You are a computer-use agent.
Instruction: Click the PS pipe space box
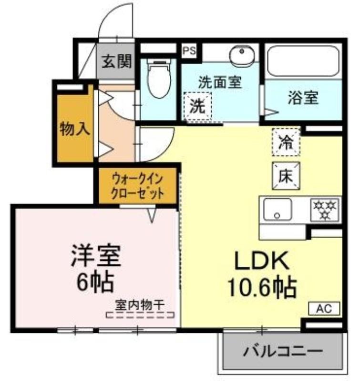(x=189, y=51)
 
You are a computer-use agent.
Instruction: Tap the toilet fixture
(x=159, y=78)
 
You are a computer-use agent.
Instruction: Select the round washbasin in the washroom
(x=242, y=56)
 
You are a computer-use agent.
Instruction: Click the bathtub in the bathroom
(x=303, y=61)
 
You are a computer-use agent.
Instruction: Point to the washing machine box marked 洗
(x=197, y=106)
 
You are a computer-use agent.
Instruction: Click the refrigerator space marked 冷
(x=286, y=142)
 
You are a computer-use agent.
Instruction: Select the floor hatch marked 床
(x=286, y=176)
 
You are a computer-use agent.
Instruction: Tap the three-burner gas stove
(x=325, y=210)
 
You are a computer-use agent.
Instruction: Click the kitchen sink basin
(x=278, y=209)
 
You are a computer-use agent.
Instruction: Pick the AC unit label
(x=324, y=309)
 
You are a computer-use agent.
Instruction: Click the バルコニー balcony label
(x=283, y=351)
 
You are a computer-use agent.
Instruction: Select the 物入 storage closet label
(x=75, y=129)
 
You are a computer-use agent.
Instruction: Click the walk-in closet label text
(x=137, y=186)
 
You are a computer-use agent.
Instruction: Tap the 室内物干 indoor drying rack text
(x=140, y=305)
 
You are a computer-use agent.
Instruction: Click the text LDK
(x=262, y=260)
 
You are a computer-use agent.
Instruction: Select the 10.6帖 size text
(x=262, y=288)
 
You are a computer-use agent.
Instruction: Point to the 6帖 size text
(x=95, y=282)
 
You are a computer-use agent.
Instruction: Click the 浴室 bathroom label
(x=303, y=98)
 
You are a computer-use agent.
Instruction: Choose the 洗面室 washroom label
(x=220, y=82)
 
